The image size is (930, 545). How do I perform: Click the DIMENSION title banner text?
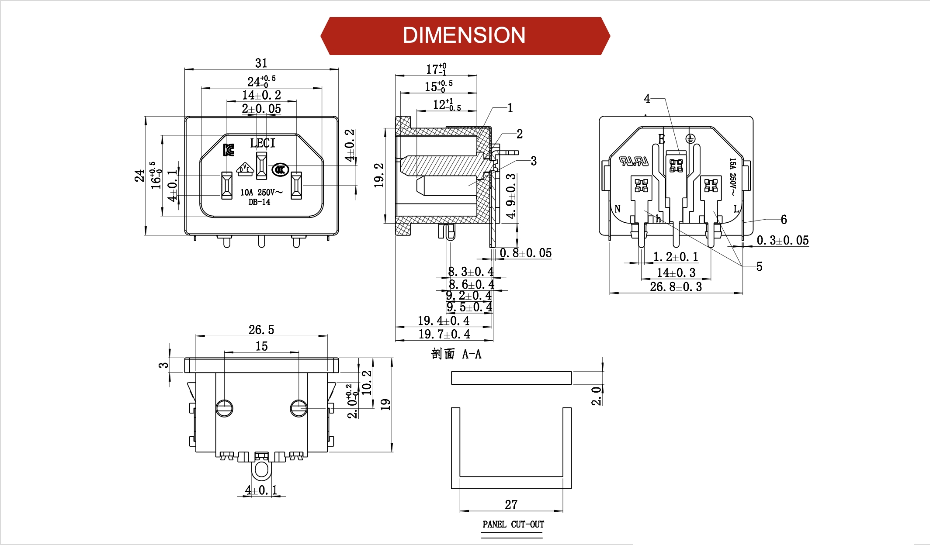point(464,35)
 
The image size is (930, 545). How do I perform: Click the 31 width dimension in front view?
point(261,63)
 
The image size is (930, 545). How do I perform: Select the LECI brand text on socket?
point(262,143)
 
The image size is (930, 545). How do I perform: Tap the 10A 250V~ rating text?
point(261,192)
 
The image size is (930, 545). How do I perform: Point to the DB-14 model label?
point(259,202)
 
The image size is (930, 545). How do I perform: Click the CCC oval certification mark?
point(280,169)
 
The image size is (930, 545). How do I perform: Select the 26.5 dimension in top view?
point(261,330)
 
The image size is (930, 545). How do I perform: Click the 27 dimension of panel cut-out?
point(511,505)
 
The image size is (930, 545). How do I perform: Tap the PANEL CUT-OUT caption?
point(513,524)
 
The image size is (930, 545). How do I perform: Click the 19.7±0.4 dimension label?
point(444,335)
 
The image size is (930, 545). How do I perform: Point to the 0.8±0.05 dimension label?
point(525,253)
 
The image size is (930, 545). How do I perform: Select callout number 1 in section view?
point(510,108)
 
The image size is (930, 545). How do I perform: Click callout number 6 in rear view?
point(784,220)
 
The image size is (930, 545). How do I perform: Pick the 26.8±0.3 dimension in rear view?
point(676,287)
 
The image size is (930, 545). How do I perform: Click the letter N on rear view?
point(618,209)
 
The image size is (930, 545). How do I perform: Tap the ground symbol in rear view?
point(690,139)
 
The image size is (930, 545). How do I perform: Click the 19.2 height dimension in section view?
point(379,175)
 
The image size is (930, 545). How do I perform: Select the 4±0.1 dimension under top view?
point(261,490)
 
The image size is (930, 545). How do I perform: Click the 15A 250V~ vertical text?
point(733,176)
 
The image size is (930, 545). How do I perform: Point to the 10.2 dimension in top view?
point(367,383)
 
